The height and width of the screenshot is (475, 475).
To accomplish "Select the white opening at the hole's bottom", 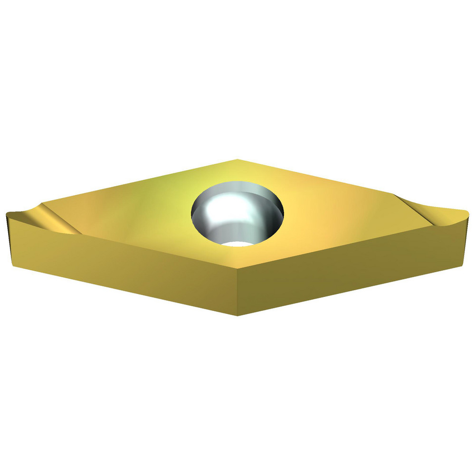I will tap(237, 244).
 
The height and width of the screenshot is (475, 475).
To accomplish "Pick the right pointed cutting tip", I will tap(468, 210).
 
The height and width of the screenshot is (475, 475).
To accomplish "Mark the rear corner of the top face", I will tap(237, 160).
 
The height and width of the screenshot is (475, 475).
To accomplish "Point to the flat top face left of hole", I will tap(133, 209).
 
